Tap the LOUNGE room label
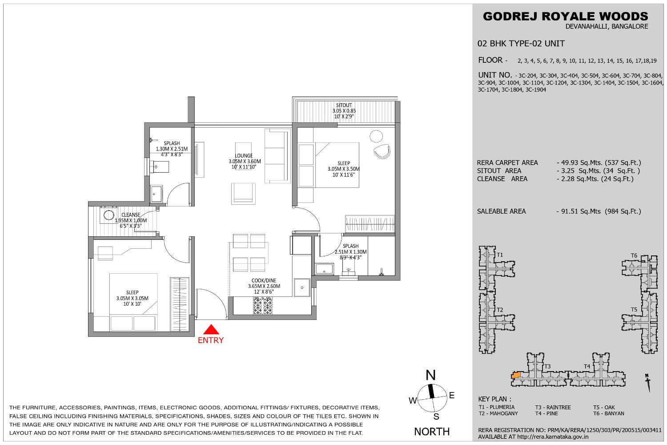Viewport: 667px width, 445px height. [x=244, y=156]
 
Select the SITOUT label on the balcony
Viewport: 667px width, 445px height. [x=344, y=105]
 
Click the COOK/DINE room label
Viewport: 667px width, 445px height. [x=264, y=280]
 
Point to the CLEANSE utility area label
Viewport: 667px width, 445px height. [x=131, y=215]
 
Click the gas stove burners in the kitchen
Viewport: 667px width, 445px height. [x=263, y=305]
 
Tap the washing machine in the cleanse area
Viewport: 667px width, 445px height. [x=108, y=215]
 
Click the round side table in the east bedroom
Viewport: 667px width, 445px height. [x=376, y=136]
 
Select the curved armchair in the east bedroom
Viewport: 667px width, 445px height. [x=382, y=151]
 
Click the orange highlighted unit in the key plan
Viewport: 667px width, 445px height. [x=516, y=375]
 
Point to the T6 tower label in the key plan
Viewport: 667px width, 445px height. [x=634, y=255]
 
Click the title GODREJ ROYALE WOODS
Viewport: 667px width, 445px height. [x=566, y=16]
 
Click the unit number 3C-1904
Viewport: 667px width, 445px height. [x=536, y=90]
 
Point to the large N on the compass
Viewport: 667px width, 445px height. [x=430, y=375]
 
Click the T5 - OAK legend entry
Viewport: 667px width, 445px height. [x=604, y=407]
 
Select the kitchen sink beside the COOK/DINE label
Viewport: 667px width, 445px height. [x=302, y=287]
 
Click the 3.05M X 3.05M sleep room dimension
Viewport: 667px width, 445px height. [x=132, y=298]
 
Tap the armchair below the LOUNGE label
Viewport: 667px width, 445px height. [x=243, y=194]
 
